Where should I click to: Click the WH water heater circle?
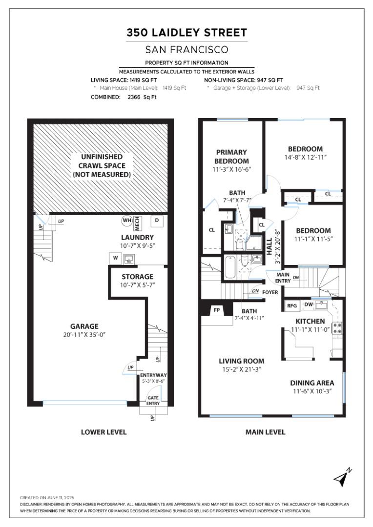click(127, 221)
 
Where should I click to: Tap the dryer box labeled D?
click(157, 221)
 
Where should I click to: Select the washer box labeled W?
click(115, 258)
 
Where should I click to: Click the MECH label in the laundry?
click(137, 224)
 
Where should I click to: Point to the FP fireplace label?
click(217, 310)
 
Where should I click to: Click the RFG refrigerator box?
click(292, 305)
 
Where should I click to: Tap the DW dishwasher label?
click(309, 304)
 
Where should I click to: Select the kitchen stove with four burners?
click(337, 328)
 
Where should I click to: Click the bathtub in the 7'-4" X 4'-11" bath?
click(230, 267)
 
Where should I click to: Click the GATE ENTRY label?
click(153, 400)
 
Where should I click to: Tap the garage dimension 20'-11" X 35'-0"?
click(84, 335)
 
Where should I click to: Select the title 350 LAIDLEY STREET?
click(186, 33)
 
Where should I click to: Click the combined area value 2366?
click(135, 97)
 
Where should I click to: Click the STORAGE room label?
click(137, 277)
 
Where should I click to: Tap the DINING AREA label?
click(312, 383)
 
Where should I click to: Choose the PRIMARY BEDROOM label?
click(231, 157)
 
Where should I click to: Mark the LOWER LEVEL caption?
click(104, 432)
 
